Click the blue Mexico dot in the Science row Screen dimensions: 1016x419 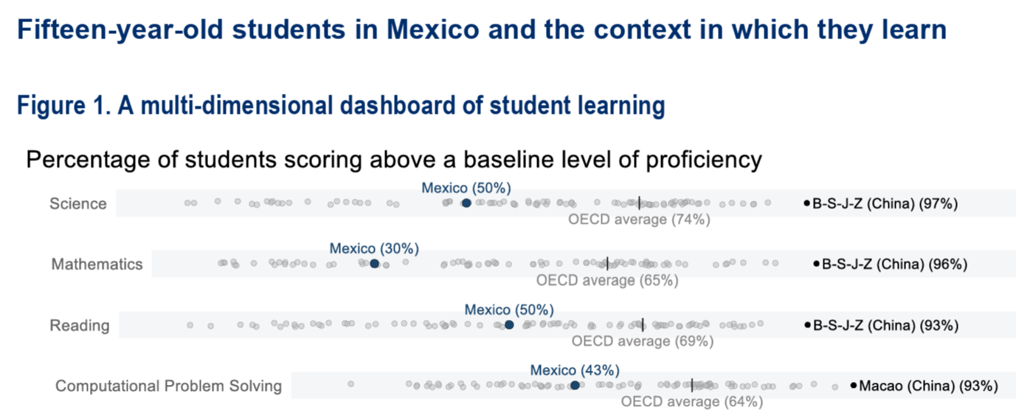coord(466,203)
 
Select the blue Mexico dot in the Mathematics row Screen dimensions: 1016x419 coord(374,264)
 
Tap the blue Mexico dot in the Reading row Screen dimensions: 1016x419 coord(509,325)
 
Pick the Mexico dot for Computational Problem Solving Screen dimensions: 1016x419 coord(575,385)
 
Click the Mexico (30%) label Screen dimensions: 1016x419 coord(374,248)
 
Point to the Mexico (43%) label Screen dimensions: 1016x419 coord(575,370)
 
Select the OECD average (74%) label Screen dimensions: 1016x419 coord(639,219)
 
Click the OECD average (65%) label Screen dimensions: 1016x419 coord(607,280)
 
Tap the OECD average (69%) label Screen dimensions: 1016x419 coord(642,341)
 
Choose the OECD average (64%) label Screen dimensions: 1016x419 coord(691,402)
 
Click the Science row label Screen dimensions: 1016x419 coord(78,204)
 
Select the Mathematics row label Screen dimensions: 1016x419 coord(97,264)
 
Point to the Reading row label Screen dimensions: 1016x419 coord(80,326)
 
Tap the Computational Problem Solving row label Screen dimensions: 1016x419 coord(168,386)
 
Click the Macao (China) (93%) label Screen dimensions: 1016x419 coord(928,386)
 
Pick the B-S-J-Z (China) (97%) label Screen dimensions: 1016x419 coord(885,204)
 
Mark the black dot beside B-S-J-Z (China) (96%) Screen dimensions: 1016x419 coord(817,264)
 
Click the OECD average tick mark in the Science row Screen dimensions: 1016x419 coord(639,203)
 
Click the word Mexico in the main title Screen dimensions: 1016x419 coord(432,30)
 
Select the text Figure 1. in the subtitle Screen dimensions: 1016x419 coord(64,106)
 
